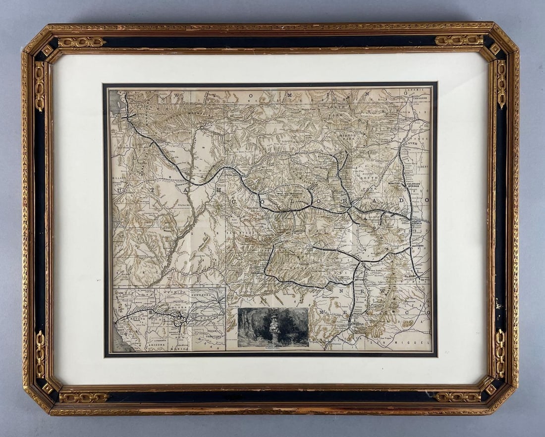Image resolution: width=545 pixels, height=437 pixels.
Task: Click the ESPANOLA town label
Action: [356, 323]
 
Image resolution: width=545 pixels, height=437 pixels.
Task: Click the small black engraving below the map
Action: [273, 327]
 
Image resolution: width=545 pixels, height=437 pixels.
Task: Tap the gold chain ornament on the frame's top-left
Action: [82, 42]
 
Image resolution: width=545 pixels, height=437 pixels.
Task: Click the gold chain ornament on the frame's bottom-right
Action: [457, 397]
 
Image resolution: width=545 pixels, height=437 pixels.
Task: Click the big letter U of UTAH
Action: [117, 190]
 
